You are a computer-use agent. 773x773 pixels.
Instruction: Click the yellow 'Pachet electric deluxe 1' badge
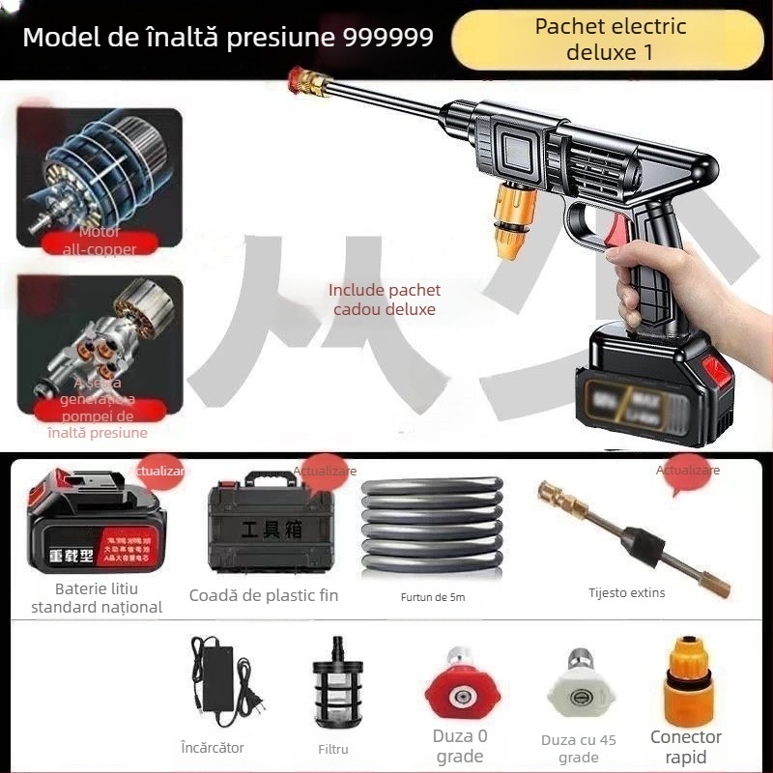point(611,39)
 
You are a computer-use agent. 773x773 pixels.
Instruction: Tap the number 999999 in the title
point(388,38)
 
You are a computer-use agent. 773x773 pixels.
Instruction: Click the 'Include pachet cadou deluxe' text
point(384,300)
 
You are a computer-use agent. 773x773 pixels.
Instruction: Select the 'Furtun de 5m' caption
point(432,597)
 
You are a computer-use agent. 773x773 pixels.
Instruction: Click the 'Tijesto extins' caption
point(627,592)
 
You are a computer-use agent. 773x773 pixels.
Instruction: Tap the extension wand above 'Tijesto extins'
point(634,536)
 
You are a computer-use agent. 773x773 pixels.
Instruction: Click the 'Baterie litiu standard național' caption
point(97,597)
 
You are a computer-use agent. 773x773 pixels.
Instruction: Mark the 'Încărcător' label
point(213,747)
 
